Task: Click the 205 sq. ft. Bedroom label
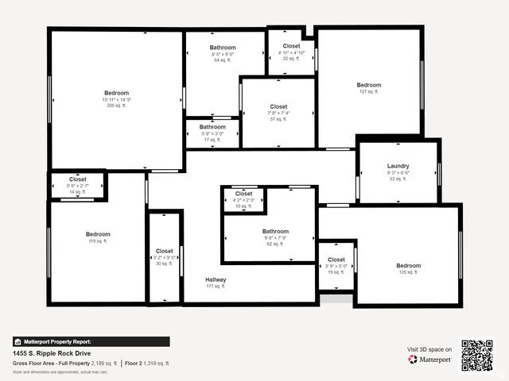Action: coord(116,93)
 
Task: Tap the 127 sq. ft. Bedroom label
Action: coord(368,86)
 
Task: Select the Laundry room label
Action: coord(398,167)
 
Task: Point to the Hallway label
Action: coord(216,280)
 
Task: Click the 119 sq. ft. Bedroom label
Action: coord(98,235)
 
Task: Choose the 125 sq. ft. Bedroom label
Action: coord(408,266)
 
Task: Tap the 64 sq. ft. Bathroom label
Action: coord(223,48)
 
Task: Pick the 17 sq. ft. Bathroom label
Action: coord(212,127)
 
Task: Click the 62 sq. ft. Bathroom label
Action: coord(275,232)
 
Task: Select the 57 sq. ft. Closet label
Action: coord(278,106)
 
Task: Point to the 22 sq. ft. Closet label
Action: coord(291,47)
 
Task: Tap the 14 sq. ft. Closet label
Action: coord(77,180)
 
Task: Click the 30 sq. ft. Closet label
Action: coord(164,252)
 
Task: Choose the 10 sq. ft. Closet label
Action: coord(243,194)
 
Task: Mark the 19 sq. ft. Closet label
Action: coord(336,260)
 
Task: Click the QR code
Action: coord(477,356)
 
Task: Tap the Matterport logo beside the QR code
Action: coord(430,360)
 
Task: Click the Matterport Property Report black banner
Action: coord(91,342)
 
